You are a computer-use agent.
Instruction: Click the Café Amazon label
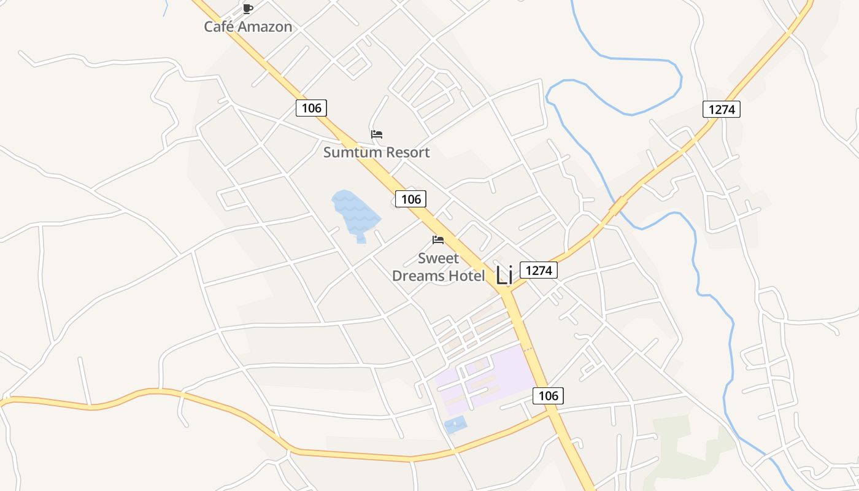click(x=248, y=27)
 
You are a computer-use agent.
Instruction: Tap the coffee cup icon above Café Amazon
click(x=247, y=9)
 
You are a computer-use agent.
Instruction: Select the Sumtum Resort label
click(x=376, y=152)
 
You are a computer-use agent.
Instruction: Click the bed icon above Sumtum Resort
click(x=377, y=134)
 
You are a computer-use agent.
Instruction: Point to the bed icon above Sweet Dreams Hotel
click(x=438, y=240)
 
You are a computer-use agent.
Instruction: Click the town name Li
click(x=504, y=275)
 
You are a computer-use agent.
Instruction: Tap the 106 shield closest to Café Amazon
click(x=311, y=108)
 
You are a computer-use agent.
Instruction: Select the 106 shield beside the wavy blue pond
click(x=410, y=199)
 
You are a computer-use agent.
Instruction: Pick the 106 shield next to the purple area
click(x=548, y=396)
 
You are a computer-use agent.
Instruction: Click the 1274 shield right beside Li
click(x=539, y=270)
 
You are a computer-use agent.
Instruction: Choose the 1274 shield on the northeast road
click(x=722, y=110)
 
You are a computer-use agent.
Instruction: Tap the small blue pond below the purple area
click(x=455, y=425)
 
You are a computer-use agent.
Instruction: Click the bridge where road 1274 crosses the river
click(x=618, y=206)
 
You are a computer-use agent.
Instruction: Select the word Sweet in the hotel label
click(x=438, y=258)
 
